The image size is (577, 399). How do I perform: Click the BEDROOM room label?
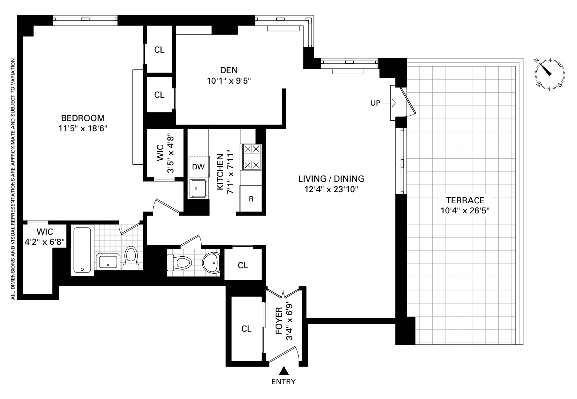coord(83,118)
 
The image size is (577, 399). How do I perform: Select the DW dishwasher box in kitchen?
coord(198,167)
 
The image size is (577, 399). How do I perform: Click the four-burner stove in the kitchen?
coord(252,157)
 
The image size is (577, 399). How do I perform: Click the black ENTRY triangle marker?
coord(284,371)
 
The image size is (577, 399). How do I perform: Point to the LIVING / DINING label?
coord(331,178)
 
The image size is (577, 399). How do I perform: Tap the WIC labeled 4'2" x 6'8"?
coord(44,237)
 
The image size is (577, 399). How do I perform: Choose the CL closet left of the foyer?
coord(246,329)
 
